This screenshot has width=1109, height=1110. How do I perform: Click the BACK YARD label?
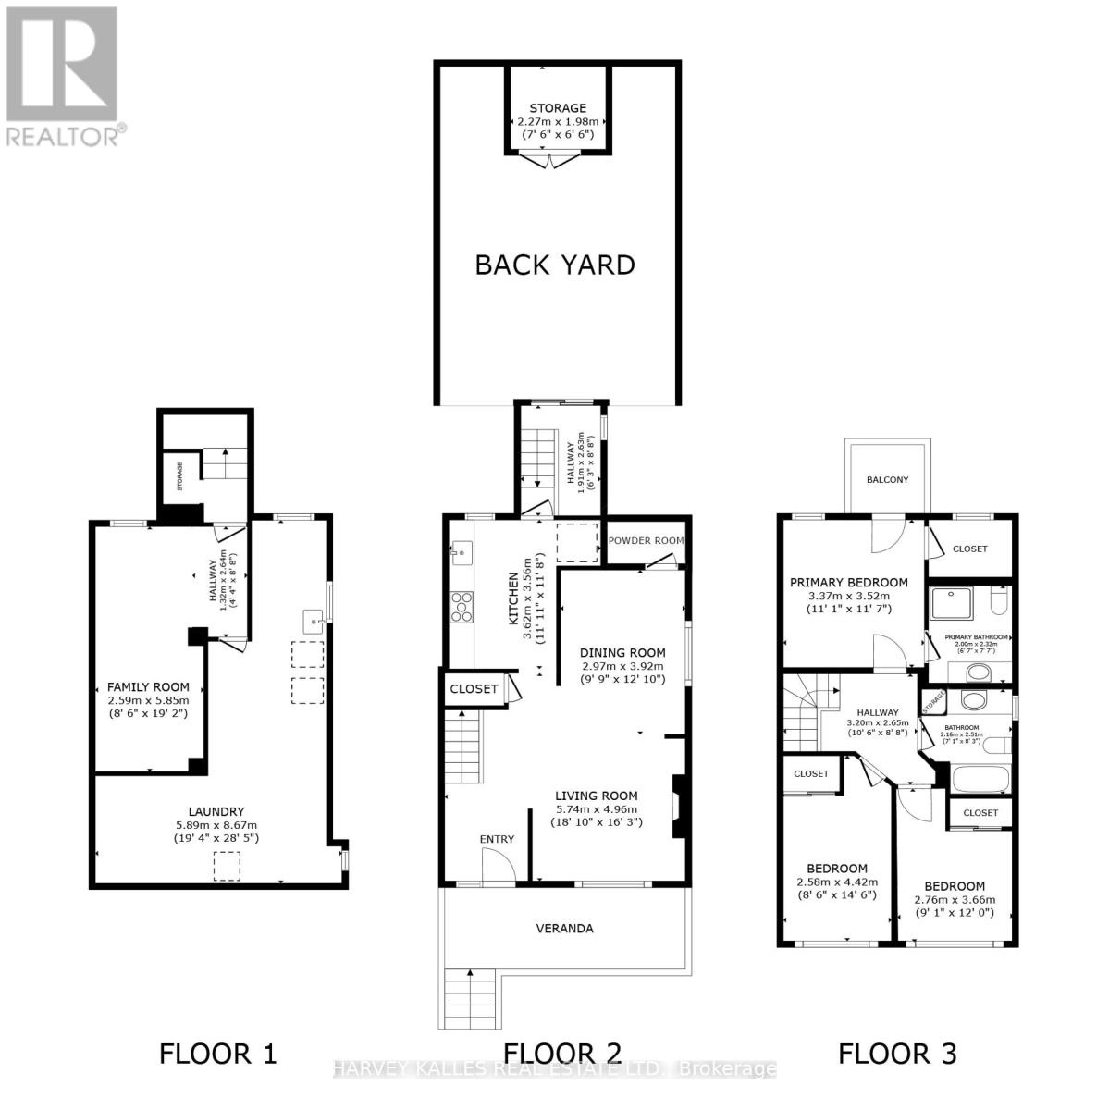(x=555, y=265)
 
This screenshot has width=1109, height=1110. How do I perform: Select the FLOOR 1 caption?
(x=218, y=1053)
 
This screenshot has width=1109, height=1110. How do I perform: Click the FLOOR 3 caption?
(x=897, y=1053)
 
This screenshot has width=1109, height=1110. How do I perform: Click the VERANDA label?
(x=565, y=928)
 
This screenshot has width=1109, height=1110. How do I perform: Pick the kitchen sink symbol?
(x=460, y=555)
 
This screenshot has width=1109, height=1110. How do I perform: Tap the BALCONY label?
(x=887, y=479)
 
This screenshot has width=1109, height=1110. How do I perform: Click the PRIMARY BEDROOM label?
(x=848, y=583)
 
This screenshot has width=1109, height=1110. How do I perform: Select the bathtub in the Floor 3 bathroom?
(x=980, y=778)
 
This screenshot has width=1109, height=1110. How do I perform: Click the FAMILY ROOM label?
(x=148, y=687)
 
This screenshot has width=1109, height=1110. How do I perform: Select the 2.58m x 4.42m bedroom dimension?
(x=837, y=882)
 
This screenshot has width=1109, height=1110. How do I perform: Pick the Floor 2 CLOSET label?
(x=474, y=689)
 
